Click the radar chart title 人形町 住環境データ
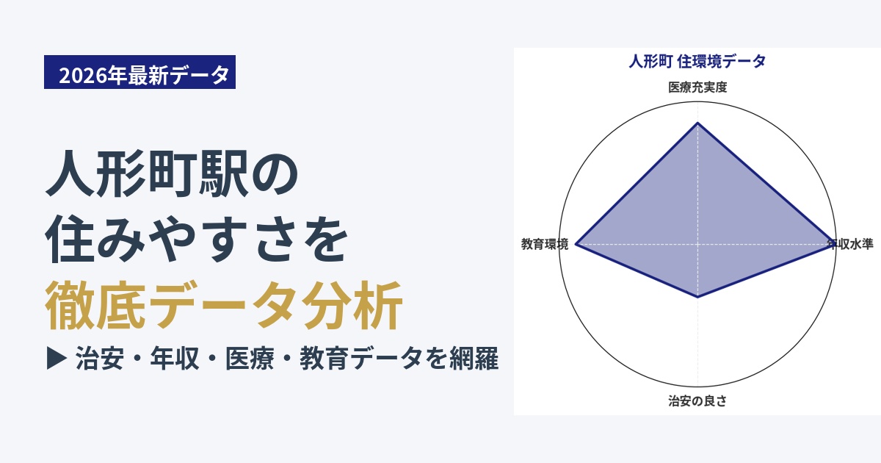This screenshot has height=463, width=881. coord(697,62)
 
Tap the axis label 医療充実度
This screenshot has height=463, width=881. coord(697,87)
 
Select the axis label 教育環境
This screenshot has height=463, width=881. coord(545,244)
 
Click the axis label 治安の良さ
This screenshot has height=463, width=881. coord(697,401)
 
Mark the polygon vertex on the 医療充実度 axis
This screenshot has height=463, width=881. coord(697,123)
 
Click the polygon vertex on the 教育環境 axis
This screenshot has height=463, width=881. coord(576,244)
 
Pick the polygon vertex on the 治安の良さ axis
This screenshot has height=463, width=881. coord(697,297)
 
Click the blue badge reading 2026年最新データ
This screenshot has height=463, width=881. coord(139,72)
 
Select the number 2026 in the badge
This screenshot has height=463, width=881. coord(83,75)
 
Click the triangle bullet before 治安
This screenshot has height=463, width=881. coord(57,359)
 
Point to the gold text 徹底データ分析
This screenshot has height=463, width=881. coord(224,306)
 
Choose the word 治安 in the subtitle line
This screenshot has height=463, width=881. coord(100,359)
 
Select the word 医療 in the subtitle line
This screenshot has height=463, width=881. coord(250,359)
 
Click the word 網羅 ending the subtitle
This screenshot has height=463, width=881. coord(474,359)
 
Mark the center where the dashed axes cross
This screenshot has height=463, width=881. coord(697,244)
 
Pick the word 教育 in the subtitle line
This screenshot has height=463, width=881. coord(325,359)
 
